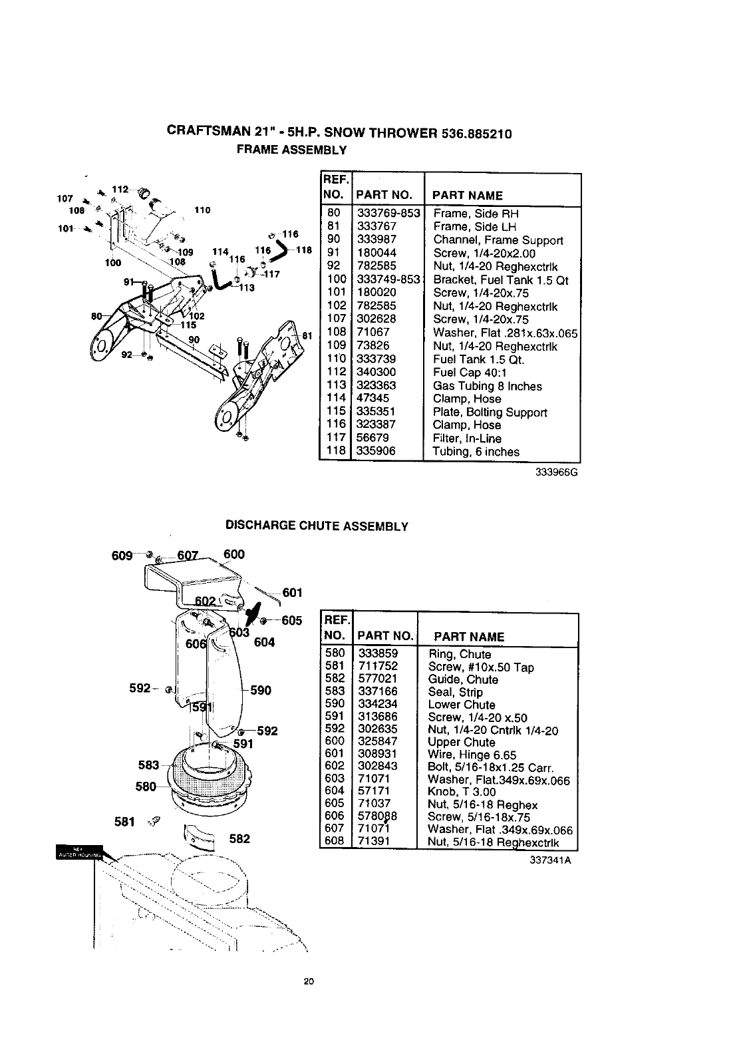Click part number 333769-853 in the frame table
[388, 214]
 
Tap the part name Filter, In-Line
[467, 439]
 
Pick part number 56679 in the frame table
[373, 438]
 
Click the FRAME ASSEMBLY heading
[292, 150]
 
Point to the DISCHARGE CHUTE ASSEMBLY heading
[317, 526]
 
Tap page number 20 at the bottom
[308, 981]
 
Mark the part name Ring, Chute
[460, 654]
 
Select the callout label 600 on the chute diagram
[234, 554]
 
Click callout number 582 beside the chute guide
[239, 838]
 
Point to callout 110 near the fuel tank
[202, 210]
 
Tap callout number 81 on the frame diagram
[307, 336]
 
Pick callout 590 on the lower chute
[261, 691]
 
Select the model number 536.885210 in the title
[476, 133]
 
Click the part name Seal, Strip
[455, 692]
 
